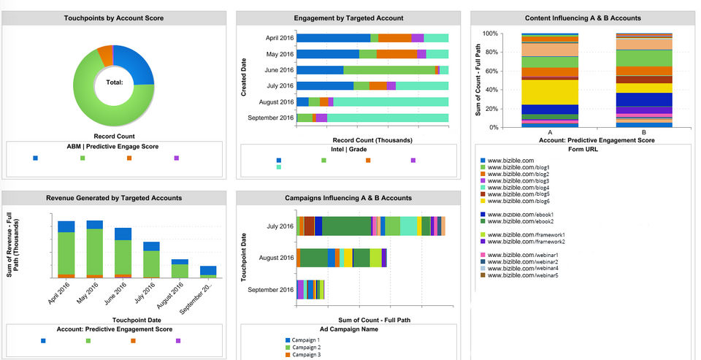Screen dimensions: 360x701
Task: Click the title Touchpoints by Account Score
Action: (114, 18)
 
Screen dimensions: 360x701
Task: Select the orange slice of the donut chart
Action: (105, 55)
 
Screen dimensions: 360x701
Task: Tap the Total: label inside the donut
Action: (114, 83)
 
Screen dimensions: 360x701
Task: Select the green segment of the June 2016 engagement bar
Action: (388, 70)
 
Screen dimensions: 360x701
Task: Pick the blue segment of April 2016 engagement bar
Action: (333, 38)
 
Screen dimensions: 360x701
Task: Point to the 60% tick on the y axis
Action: (489, 71)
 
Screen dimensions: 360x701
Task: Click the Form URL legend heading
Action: (582, 150)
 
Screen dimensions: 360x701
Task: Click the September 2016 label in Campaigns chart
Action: (271, 290)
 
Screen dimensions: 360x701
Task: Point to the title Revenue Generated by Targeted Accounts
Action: (114, 198)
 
